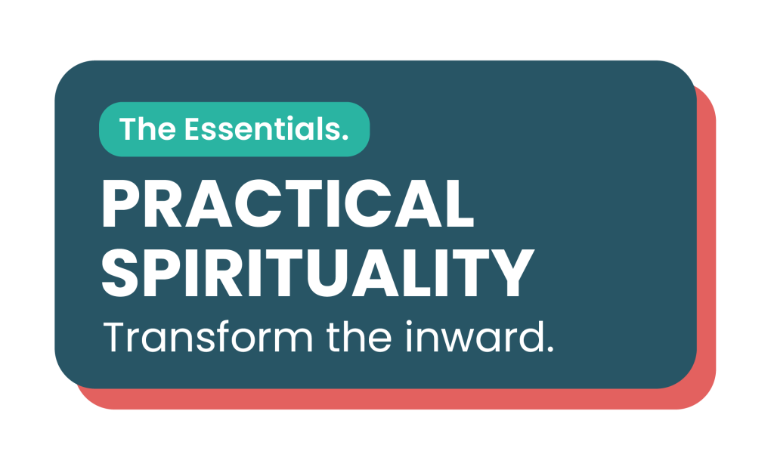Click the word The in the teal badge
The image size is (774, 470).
(x=147, y=129)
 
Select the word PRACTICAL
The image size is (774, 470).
(x=288, y=203)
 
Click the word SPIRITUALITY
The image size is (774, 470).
(x=318, y=272)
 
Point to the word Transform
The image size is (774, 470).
(x=208, y=337)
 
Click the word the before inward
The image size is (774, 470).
(x=359, y=337)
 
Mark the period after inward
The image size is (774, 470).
(x=550, y=348)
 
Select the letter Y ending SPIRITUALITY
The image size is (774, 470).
(x=512, y=272)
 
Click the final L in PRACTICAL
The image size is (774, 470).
(x=460, y=203)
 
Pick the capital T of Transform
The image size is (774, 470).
(x=116, y=337)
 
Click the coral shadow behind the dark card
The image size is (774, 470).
(x=707, y=247)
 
